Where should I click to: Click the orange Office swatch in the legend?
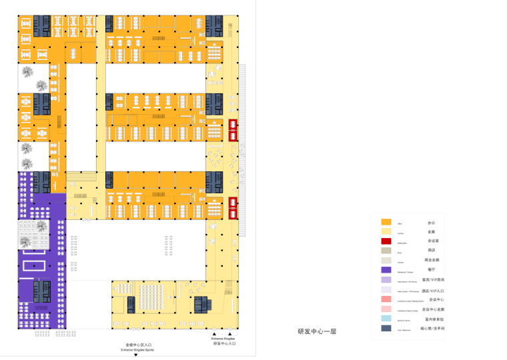pos(386,222)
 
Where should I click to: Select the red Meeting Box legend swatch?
pos(386,241)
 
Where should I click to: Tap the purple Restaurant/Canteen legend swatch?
pos(386,270)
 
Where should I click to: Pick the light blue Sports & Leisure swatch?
pos(386,319)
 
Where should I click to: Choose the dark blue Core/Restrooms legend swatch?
pos(386,329)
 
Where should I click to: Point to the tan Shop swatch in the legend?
pos(386,251)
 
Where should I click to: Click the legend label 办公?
pos(431,222)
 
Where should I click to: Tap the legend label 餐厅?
pos(431,269)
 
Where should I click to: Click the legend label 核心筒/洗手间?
pos(432,329)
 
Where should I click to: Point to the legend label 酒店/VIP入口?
pos(433,291)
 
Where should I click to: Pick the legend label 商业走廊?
pos(432,260)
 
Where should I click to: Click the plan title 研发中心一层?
pos(317,331)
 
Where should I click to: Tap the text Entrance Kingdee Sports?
pos(137,349)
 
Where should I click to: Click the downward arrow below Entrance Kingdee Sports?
pos(136,355)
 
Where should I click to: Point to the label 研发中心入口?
pos(224,343)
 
